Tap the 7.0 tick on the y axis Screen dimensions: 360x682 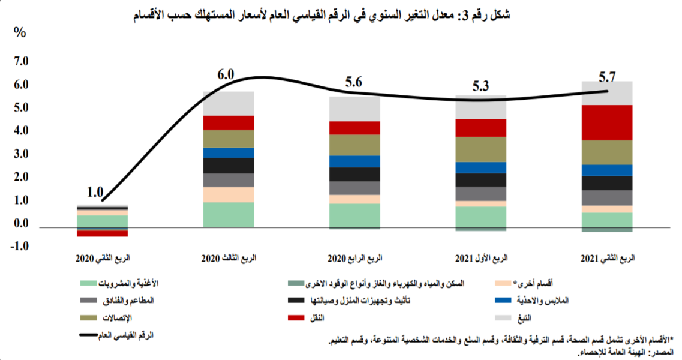(x=20, y=62)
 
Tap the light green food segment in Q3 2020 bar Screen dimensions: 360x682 (x=229, y=214)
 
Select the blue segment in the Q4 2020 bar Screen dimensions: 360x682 (x=354, y=161)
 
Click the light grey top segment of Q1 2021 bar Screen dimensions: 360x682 (x=481, y=106)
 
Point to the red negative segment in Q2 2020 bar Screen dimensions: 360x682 (x=102, y=233)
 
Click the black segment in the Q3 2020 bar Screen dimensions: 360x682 (x=229, y=166)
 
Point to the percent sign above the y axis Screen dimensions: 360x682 (x=19, y=32)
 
